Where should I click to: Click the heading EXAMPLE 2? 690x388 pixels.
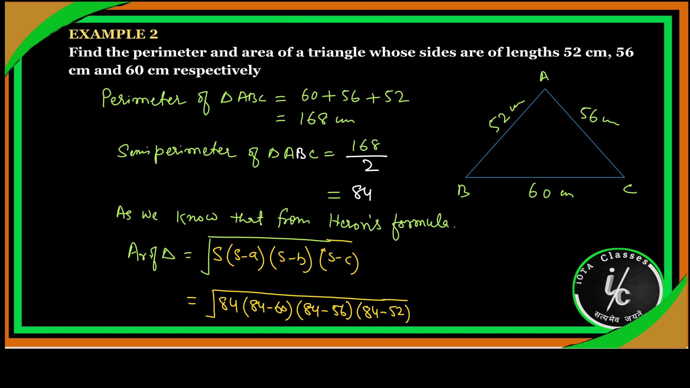(x=113, y=34)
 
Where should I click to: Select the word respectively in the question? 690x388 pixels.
(x=217, y=71)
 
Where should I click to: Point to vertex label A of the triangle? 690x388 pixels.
(x=544, y=77)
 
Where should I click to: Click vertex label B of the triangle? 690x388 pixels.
(x=463, y=191)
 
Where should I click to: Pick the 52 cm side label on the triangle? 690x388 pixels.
(x=506, y=116)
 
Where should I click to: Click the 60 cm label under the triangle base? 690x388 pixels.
(x=551, y=191)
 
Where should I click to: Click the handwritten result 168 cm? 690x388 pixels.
(x=327, y=119)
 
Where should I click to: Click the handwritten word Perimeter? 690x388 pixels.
(x=144, y=99)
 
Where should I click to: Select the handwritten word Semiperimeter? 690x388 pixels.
(x=177, y=152)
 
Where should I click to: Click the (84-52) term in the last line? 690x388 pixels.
(x=383, y=313)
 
